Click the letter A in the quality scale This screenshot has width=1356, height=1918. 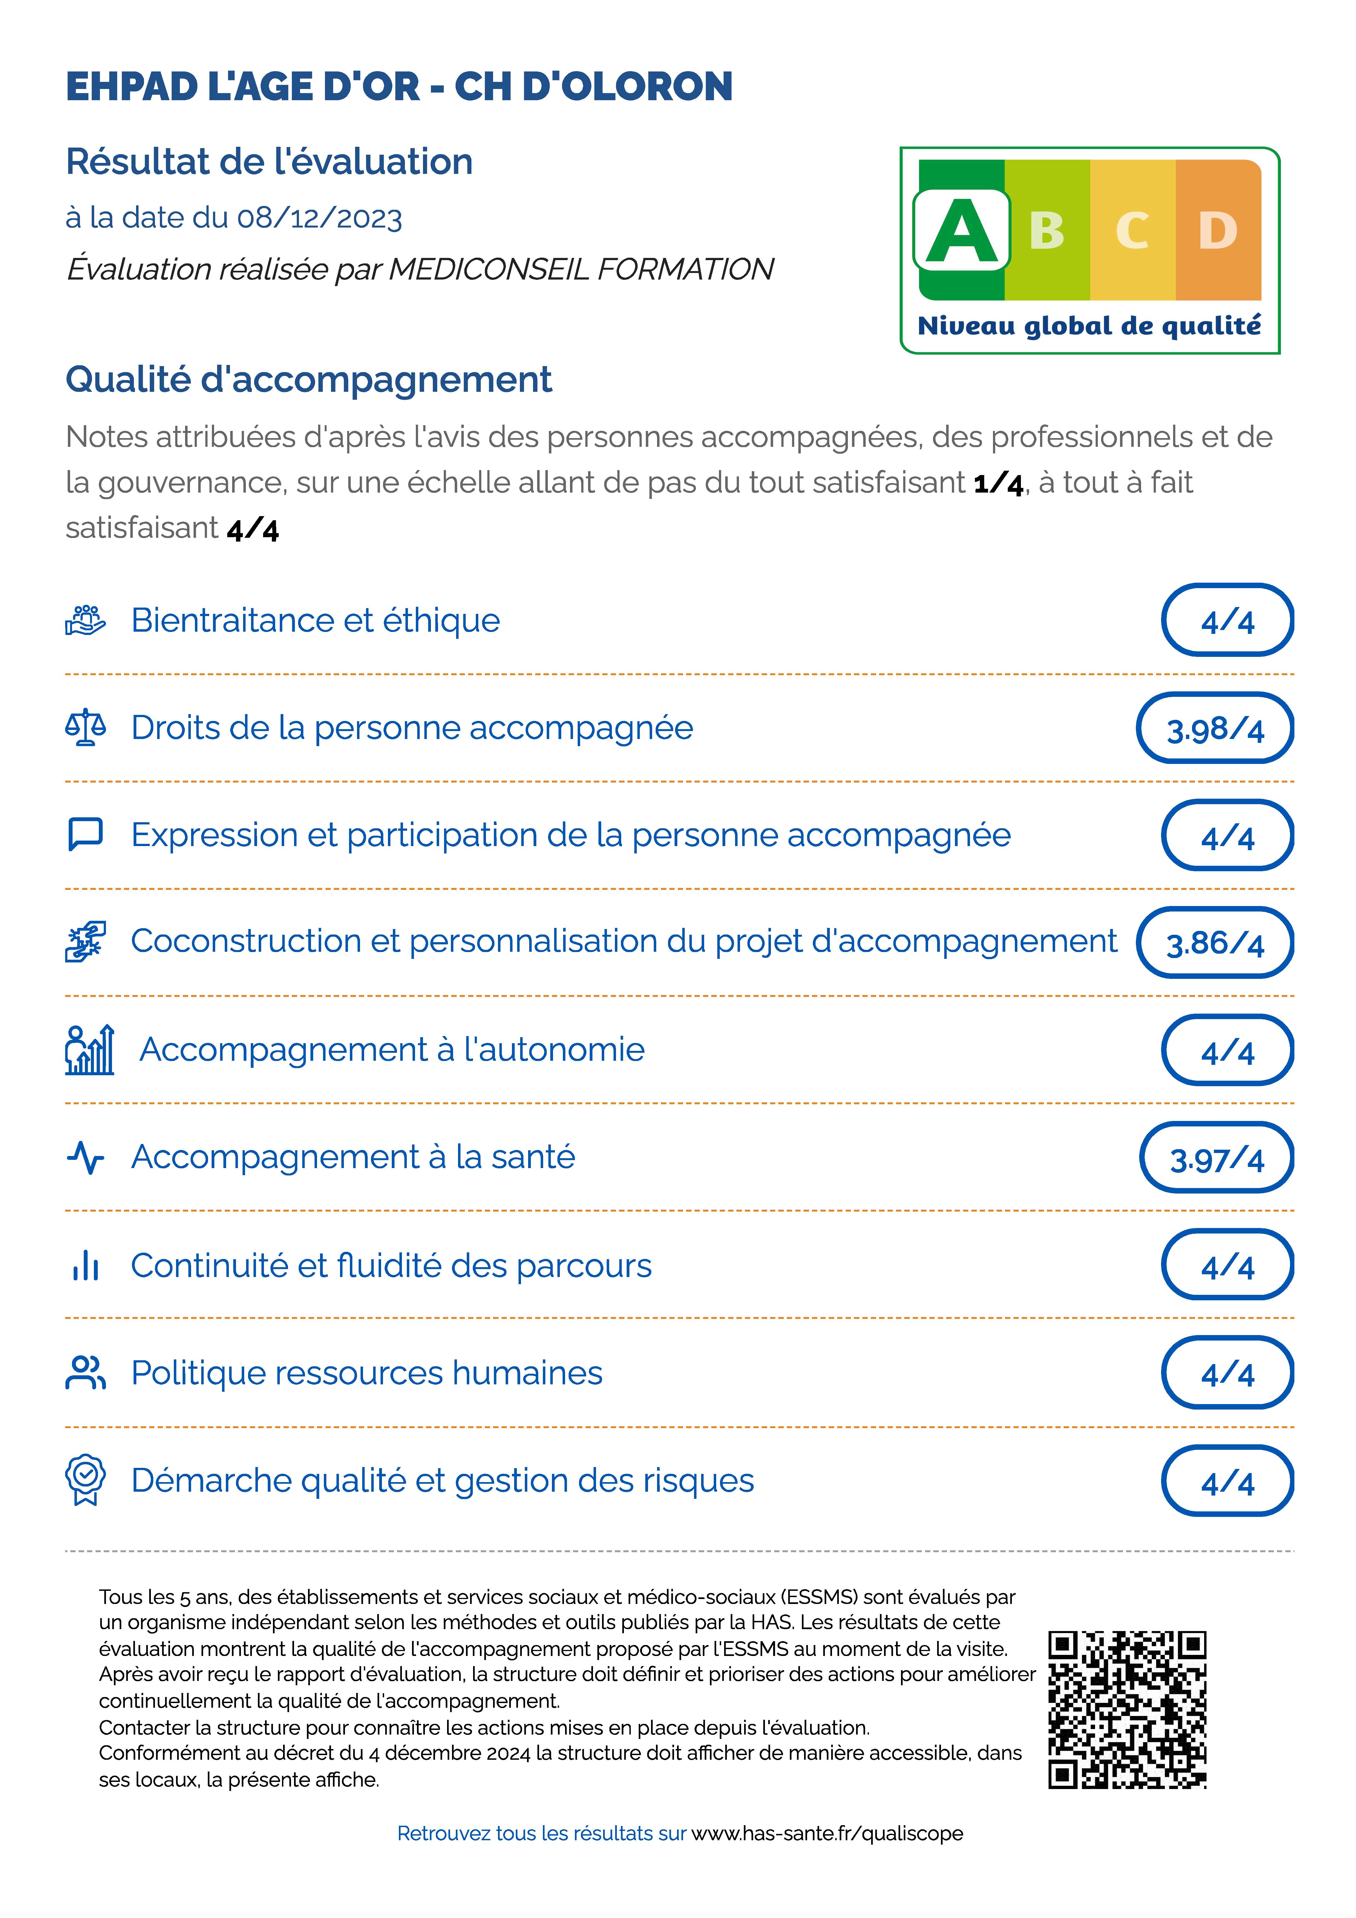pyautogui.click(x=962, y=231)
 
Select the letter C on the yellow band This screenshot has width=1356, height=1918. pyautogui.click(x=1132, y=231)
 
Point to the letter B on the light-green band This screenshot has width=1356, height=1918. pyautogui.click(x=1047, y=231)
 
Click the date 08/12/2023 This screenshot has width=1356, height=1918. pyautogui.click(x=320, y=218)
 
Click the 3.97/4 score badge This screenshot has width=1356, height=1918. pyautogui.click(x=1216, y=1158)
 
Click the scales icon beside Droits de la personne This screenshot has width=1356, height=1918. pyautogui.click(x=85, y=727)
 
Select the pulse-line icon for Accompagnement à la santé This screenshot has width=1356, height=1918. pyautogui.click(x=85, y=1158)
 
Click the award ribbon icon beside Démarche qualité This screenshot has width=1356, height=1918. pyautogui.click(x=85, y=1480)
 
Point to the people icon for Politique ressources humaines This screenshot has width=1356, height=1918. pyautogui.click(x=85, y=1373)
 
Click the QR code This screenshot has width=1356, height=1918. pyautogui.click(x=1127, y=1710)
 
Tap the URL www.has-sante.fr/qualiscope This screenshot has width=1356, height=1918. pyautogui.click(x=827, y=1834)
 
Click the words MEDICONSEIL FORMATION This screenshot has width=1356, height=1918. pyautogui.click(x=581, y=270)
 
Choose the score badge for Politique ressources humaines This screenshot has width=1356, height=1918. pyautogui.click(x=1227, y=1373)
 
